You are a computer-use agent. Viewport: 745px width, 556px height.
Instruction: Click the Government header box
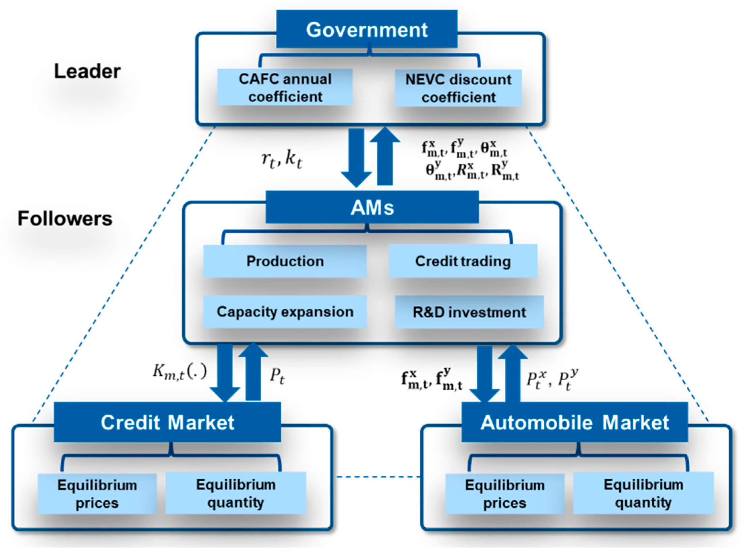pyautogui.click(x=366, y=29)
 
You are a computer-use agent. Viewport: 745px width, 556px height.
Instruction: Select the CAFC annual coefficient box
pyautogui.click(x=285, y=88)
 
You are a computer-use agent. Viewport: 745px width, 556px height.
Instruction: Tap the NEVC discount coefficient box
pyautogui.click(x=458, y=88)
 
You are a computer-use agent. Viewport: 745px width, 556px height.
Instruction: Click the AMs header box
pyautogui.click(x=372, y=207)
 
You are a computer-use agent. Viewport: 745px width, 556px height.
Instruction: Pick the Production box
pyautogui.click(x=285, y=261)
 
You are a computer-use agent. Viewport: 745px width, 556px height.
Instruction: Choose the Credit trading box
pyautogui.click(x=463, y=261)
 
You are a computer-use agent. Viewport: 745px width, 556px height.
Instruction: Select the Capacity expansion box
pyautogui.click(x=285, y=312)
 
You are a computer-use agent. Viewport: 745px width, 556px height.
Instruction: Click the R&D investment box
pyautogui.click(x=469, y=312)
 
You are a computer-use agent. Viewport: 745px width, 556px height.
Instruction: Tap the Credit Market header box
pyautogui.click(x=167, y=422)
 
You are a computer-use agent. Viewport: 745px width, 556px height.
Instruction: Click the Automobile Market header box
pyautogui.click(x=574, y=422)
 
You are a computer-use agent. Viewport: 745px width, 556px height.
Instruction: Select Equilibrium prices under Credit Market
pyautogui.click(x=97, y=494)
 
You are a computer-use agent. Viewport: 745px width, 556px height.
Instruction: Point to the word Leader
pyautogui.click(x=87, y=71)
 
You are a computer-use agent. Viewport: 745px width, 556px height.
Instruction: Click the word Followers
pyautogui.click(x=65, y=218)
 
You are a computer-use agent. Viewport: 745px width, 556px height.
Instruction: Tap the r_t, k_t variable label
pyautogui.click(x=282, y=159)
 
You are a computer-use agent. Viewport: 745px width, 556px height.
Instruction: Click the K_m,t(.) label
pyautogui.click(x=179, y=372)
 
